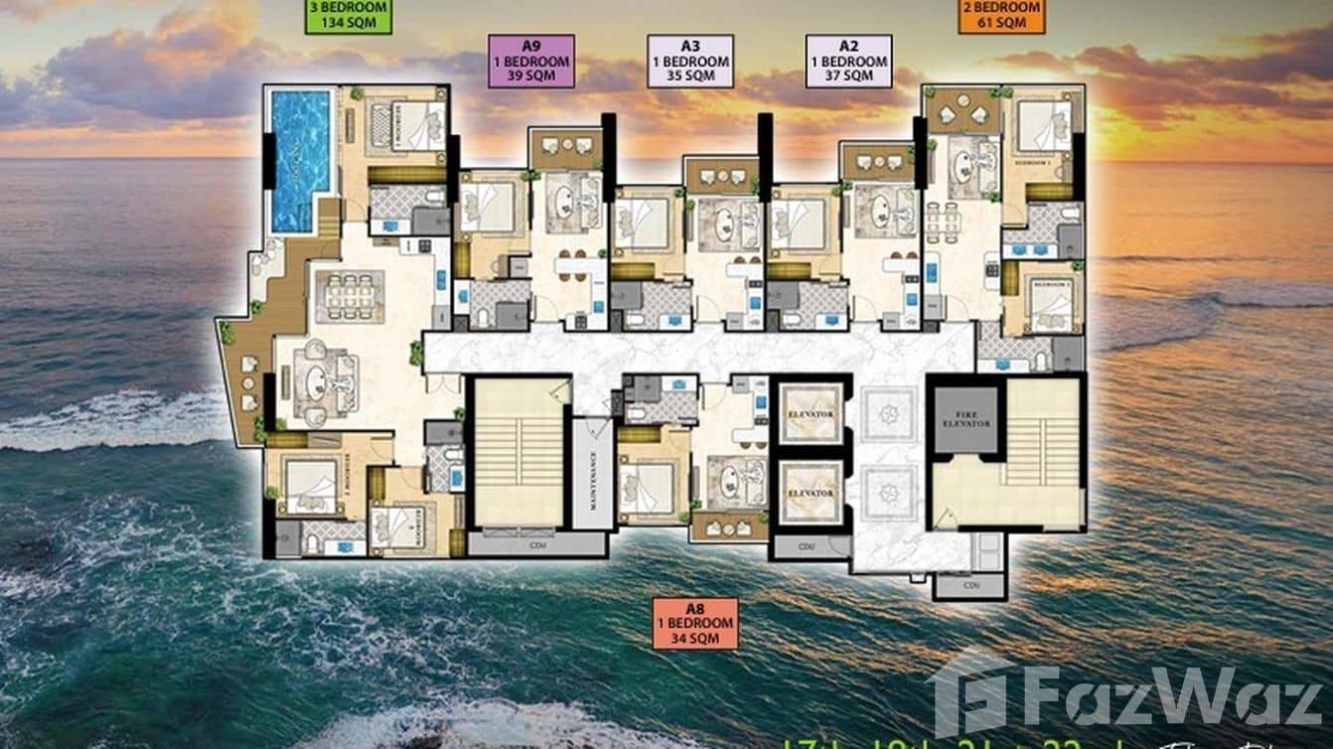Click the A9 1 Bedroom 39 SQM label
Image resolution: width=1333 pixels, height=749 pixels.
pyautogui.click(x=531, y=61)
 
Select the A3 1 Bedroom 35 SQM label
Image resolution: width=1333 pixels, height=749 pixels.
pyautogui.click(x=690, y=61)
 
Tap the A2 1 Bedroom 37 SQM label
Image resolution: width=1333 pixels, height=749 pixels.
pyautogui.click(x=848, y=61)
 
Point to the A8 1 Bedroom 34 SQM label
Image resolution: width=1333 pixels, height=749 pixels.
pyautogui.click(x=695, y=623)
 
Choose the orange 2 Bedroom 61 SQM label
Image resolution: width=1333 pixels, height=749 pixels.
pyautogui.click(x=1001, y=16)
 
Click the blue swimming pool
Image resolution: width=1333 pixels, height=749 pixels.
pyautogui.click(x=300, y=159)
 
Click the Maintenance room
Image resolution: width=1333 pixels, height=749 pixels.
pyautogui.click(x=592, y=473)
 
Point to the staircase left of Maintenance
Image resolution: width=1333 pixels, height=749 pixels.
pyautogui.click(x=518, y=453)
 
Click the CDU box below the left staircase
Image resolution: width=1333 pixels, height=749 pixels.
pyautogui.click(x=536, y=543)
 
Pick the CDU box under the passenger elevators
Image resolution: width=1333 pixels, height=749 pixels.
pyautogui.click(x=811, y=546)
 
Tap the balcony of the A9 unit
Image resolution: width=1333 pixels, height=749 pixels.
pyautogui.click(x=565, y=148)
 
